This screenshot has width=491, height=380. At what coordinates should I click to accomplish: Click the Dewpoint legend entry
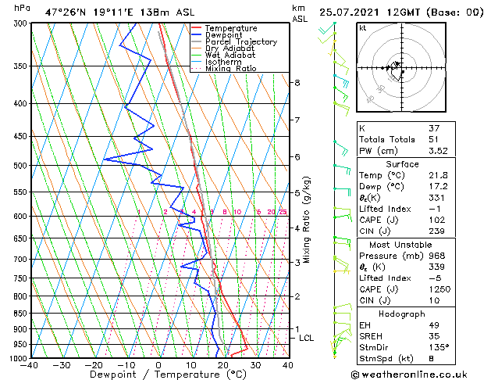point(220,35)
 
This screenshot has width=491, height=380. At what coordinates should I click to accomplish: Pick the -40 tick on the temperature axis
point(30,364)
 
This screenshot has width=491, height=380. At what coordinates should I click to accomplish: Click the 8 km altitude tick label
point(297,83)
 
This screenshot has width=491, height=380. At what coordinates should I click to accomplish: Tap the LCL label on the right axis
point(306,338)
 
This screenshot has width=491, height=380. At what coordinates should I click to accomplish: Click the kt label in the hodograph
point(362,28)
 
